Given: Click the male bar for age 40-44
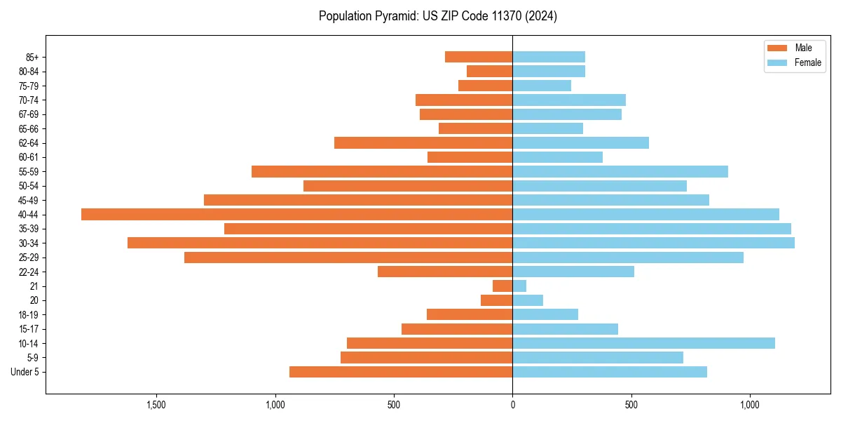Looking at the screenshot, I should tap(296, 214).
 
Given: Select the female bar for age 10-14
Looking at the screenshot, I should tap(643, 343).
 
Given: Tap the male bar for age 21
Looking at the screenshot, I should tap(502, 286).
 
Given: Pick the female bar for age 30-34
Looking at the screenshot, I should tap(653, 243).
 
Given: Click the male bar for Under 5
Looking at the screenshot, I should tap(401, 372).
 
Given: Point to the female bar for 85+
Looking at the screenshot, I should tap(549, 57).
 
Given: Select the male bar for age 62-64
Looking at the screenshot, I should tap(423, 142).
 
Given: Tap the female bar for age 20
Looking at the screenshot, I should tap(528, 300).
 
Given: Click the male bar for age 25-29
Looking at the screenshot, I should tap(348, 258).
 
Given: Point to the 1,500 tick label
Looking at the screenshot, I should tap(156, 405).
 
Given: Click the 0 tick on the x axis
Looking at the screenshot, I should tap(512, 405).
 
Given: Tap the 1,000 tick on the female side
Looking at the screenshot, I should tap(750, 405).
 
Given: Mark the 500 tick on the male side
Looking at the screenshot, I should tap(394, 405).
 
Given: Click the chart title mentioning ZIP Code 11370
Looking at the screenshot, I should tap(438, 16).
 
